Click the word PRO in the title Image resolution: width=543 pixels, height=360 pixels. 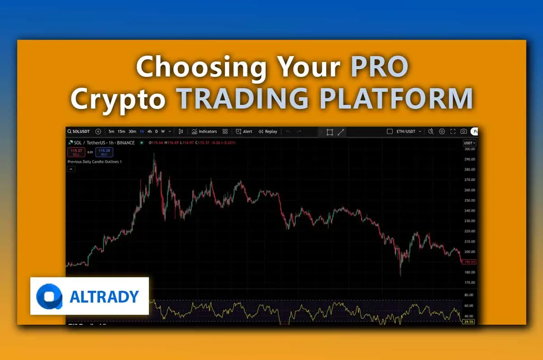[380, 67]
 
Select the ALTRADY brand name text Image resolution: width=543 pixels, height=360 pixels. [105, 297]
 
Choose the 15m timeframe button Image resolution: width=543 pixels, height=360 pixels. [121, 132]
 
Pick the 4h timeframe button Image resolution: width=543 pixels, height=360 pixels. [149, 132]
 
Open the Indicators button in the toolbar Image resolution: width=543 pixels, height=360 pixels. [204, 132]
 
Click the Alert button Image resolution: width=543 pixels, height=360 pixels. [244, 132]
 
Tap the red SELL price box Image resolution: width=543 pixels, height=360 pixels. [76, 152]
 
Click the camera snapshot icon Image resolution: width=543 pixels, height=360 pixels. [463, 132]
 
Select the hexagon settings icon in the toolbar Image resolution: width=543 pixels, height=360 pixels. [442, 132]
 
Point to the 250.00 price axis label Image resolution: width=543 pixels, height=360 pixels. [469, 200]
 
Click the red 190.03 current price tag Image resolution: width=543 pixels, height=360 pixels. [469, 262]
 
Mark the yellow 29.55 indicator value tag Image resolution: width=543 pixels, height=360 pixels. [469, 322]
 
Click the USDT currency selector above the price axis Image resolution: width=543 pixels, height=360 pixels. [469, 143]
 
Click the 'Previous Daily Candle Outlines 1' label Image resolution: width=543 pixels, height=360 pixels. [95, 161]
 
